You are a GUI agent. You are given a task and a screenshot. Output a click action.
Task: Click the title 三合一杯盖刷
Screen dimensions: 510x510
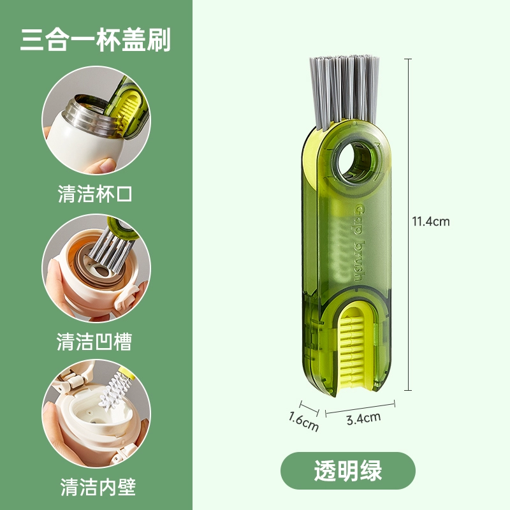[x=95, y=40]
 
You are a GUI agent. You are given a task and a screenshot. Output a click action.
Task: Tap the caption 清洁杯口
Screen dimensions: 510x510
[x=95, y=194]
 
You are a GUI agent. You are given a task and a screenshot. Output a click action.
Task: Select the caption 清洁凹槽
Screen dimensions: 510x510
[x=94, y=342]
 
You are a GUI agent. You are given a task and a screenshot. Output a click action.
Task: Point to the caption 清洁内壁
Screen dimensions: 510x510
[x=98, y=487]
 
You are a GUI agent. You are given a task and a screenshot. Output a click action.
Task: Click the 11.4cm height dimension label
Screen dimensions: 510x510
[x=431, y=221]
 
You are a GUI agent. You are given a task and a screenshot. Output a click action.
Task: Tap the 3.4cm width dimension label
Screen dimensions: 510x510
[x=363, y=419]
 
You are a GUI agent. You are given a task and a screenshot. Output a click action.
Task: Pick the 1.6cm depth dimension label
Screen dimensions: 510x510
[x=303, y=422]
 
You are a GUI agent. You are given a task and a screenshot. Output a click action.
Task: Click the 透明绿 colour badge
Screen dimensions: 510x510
[x=348, y=470]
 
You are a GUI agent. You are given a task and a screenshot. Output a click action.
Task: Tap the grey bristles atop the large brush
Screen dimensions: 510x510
[x=344, y=91]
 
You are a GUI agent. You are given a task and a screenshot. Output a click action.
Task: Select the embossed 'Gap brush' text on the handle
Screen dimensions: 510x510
[x=359, y=242]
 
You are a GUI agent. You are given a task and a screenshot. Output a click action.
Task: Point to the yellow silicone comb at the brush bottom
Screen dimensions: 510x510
[x=353, y=349]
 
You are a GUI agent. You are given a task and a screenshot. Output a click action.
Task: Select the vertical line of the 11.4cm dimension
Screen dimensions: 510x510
[x=408, y=224]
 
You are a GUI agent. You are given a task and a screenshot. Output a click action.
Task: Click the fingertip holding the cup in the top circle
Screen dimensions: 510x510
[x=105, y=165]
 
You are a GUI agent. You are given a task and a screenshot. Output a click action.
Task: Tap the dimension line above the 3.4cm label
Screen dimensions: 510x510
[x=360, y=408]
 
